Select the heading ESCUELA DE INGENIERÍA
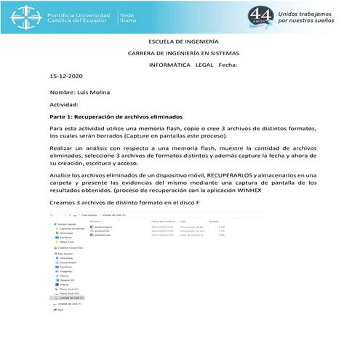[183, 42]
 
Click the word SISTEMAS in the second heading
[224, 54]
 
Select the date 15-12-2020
[67, 76]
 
